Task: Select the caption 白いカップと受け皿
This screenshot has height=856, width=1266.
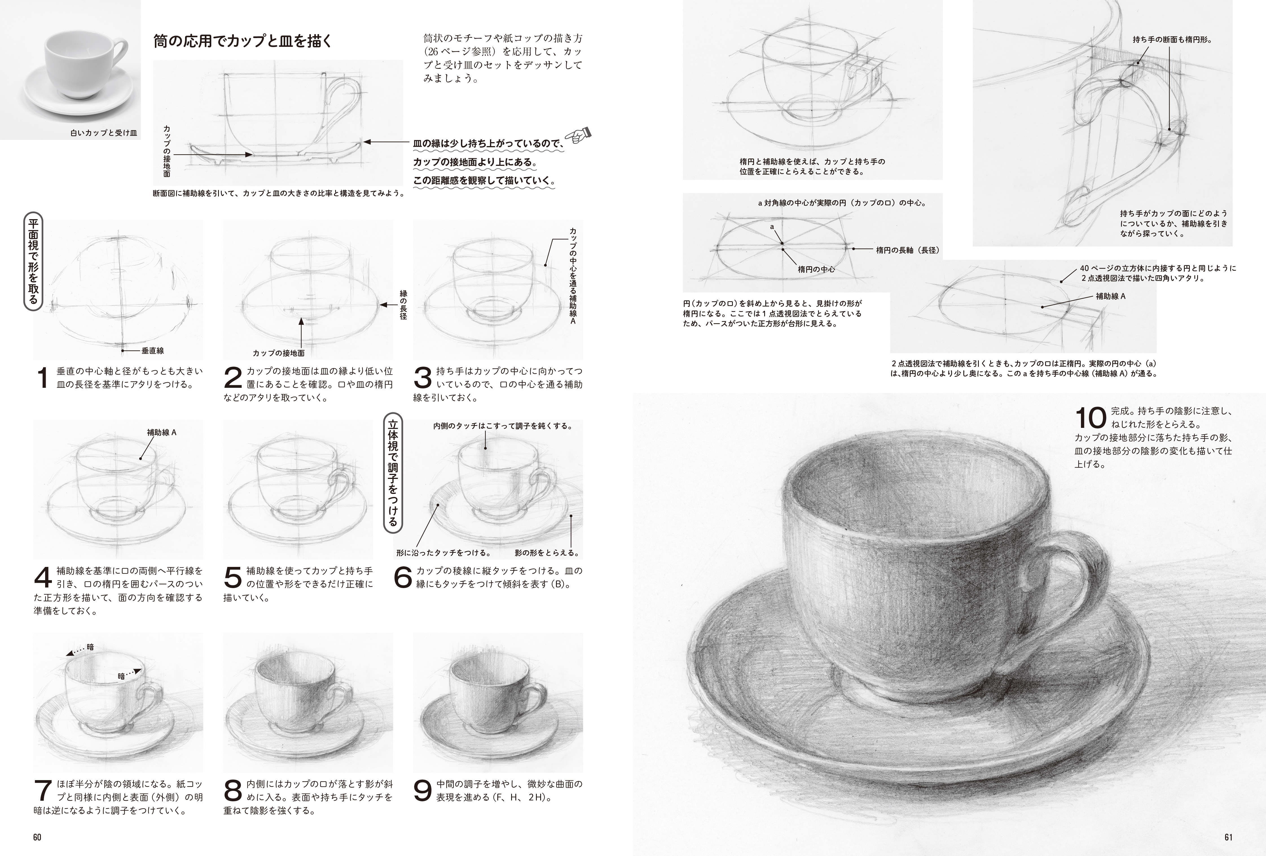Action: tap(104, 132)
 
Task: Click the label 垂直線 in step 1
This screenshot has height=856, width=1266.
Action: tap(153, 351)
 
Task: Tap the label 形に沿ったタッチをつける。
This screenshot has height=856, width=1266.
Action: tap(443, 553)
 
